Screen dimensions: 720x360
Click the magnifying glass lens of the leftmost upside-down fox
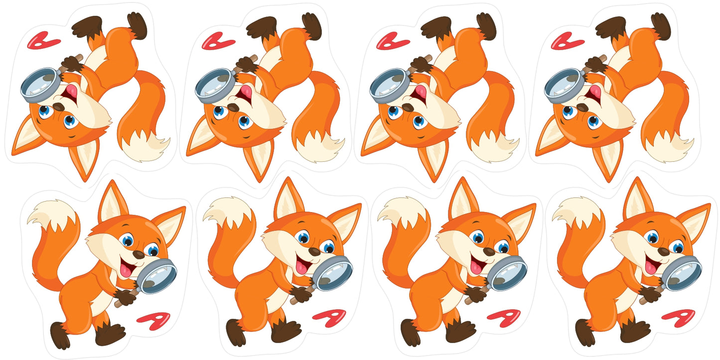coord(40,85)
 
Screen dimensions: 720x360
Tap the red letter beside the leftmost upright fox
coord(153,320)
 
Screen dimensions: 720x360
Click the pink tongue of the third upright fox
coord(476,266)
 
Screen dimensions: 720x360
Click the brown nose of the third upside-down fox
coord(408,107)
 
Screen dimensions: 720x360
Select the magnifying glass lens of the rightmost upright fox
coord(684,273)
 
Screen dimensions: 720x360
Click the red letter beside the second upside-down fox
coord(218,41)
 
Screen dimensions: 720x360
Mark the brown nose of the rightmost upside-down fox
coord(582,107)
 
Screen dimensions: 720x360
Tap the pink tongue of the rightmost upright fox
coord(650,266)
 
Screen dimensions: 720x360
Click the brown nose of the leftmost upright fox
coord(139,254)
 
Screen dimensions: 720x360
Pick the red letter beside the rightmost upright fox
coord(679,318)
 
